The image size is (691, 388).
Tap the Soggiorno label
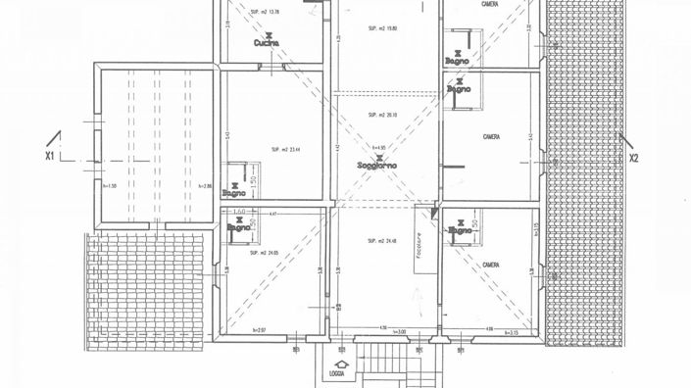376,167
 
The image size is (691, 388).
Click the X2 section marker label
633,157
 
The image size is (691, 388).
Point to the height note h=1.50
109,186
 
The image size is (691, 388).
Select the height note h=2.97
260,330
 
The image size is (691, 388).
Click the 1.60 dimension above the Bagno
239,211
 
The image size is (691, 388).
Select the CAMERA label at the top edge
490,5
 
